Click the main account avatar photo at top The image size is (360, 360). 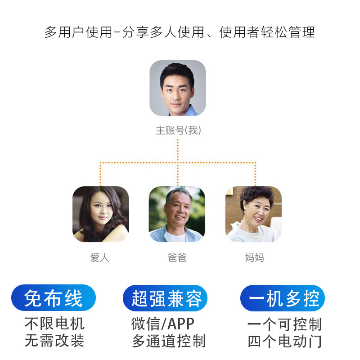click(178, 88)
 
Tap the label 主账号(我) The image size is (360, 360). click(178, 131)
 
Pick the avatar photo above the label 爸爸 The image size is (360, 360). click(177, 214)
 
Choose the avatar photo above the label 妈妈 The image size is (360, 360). click(253, 214)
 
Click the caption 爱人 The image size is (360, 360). click(100, 258)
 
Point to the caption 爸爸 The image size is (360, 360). click(177, 258)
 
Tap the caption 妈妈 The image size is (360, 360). click(254, 258)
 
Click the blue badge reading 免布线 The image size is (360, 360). click(54, 298)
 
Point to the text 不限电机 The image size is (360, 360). click(54, 323)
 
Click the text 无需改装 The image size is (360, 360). click(54, 340)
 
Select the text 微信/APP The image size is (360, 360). click(163, 324)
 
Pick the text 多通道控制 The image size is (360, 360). click(169, 341)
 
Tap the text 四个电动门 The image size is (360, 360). click(284, 341)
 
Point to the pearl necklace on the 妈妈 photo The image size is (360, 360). click(252, 234)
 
